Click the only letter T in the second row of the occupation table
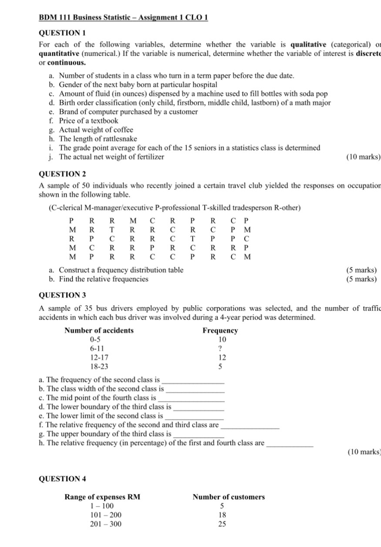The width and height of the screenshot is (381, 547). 112,230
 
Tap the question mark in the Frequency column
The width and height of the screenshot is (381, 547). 220,348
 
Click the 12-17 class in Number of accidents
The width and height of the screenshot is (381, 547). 99,358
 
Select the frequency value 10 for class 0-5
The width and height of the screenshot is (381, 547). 222,339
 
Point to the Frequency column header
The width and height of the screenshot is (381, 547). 220,331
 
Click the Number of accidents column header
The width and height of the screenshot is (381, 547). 99,331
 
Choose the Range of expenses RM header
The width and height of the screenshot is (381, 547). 103,497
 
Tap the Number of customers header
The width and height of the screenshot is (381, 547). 229,497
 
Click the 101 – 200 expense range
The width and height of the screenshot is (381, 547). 106,515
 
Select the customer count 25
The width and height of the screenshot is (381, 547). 222,524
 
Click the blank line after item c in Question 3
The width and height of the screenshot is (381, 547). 192,398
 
